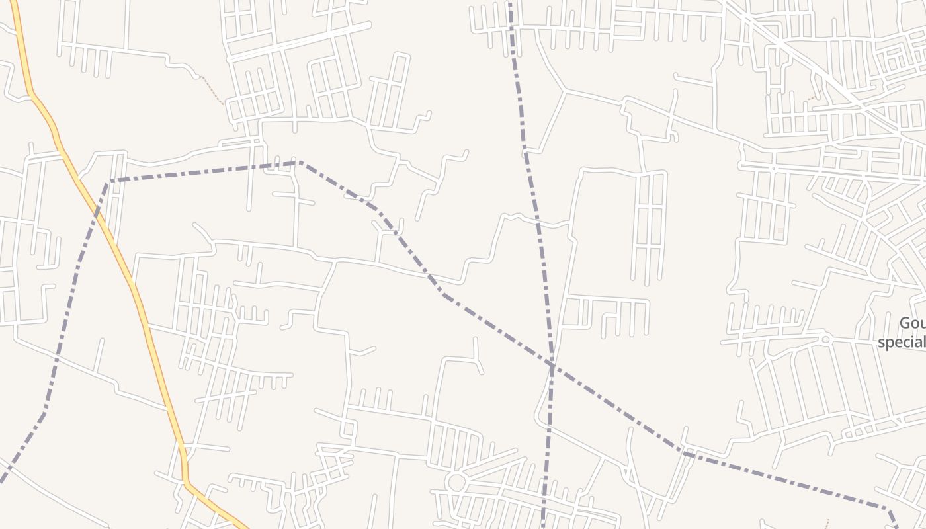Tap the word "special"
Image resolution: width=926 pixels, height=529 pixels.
[x=901, y=343]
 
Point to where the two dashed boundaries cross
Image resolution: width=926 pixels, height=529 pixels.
[x=552, y=364]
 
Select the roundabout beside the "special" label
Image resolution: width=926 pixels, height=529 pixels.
[x=825, y=339]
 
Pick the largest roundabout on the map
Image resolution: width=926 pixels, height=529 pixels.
[x=456, y=481]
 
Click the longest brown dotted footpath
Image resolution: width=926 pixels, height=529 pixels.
[x=212, y=91]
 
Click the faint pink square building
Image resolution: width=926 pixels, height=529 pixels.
[x=780, y=231]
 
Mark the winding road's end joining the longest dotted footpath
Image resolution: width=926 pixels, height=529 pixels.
[x=197, y=77]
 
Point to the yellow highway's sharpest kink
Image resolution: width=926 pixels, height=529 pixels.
[x=185, y=481]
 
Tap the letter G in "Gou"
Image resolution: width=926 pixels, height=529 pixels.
[x=904, y=323]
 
